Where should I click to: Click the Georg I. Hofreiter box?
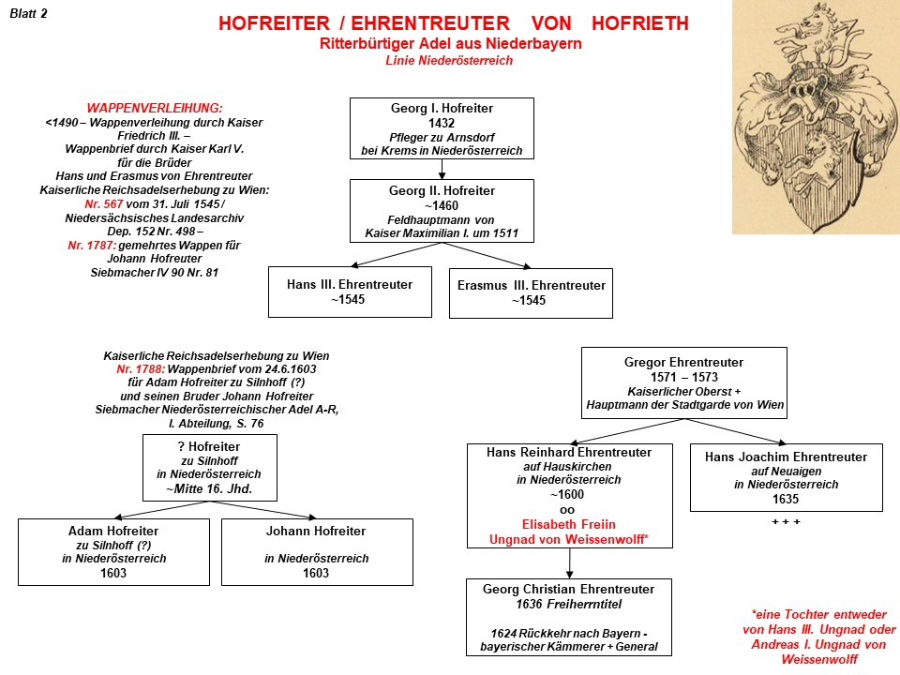[x=442, y=128]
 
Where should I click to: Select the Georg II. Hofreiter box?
[x=442, y=212]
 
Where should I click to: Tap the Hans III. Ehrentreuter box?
[x=350, y=292]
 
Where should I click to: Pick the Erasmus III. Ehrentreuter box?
[x=531, y=292]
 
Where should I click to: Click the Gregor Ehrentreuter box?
[x=682, y=382]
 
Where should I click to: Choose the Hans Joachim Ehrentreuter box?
[x=786, y=477]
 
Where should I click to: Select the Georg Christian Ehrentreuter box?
[x=568, y=616]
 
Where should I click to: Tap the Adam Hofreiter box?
[x=113, y=551]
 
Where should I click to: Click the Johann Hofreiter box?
[x=316, y=551]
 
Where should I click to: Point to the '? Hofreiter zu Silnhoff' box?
[x=209, y=467]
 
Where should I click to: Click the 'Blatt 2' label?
[x=28, y=13]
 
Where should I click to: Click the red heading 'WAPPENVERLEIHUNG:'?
[x=155, y=108]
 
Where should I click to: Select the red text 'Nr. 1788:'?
[x=133, y=369]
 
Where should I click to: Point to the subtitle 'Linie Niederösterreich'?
[x=449, y=61]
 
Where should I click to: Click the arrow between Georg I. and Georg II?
[x=442, y=169]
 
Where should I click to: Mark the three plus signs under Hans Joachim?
[x=786, y=520]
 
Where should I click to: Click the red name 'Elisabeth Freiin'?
[x=569, y=525]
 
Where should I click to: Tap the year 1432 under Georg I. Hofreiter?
[x=441, y=123]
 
